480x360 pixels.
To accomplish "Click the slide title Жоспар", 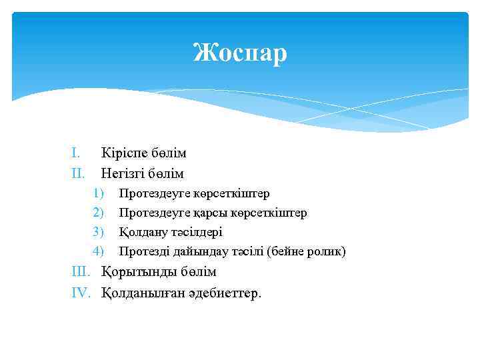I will pos(240,53).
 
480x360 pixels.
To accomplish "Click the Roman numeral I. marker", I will pos(76,153).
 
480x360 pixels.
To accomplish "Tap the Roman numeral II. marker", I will pos(78,174).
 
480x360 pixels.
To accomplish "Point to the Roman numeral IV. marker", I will pos(82,293).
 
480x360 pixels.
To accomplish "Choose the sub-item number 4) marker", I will pos(99,252).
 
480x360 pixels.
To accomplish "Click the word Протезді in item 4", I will pos(143,252).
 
